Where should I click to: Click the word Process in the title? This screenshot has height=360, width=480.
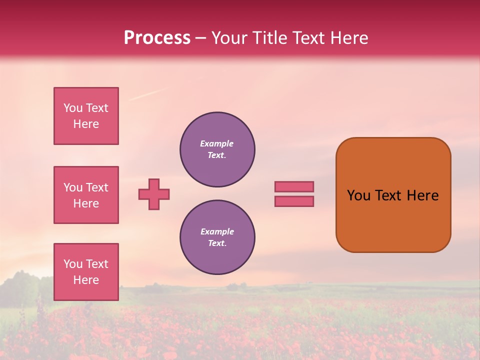coord(157,38)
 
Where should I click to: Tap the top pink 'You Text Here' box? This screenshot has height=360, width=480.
coord(86,116)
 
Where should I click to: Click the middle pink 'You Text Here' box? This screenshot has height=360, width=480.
coord(86,195)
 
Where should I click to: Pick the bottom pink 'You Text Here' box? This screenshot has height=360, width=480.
coord(86,271)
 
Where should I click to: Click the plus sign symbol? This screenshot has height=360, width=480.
coord(154,194)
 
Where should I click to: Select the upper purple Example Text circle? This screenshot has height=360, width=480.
coord(217,149)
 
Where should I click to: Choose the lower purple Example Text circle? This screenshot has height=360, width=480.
coord(217,237)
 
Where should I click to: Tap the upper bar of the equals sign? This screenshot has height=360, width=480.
coord(294,186)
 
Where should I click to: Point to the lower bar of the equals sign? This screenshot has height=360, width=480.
coord(294,201)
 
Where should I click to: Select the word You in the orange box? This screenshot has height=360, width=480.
coord(358,195)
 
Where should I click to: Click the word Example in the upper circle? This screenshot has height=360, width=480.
coord(216,143)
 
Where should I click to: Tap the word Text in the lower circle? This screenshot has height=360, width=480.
coord(216,243)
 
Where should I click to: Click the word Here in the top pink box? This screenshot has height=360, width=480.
coord(86,124)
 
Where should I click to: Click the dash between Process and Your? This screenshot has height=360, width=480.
coord(200,38)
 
